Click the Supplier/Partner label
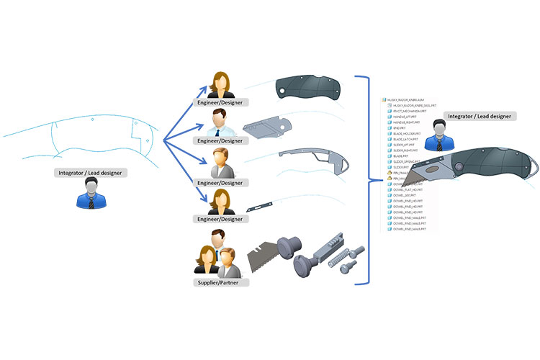tap(222, 282)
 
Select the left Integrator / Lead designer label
tap(91, 173)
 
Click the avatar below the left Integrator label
tap(91, 194)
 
